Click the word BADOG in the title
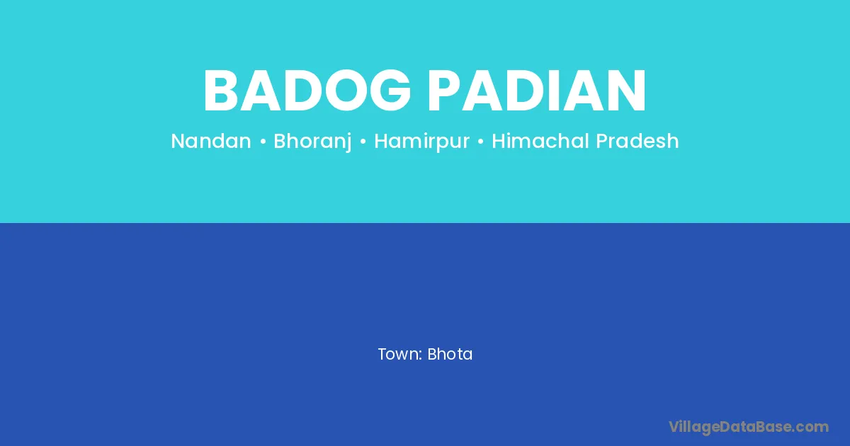pos(307,91)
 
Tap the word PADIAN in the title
pos(537,91)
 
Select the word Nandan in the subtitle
pos(211,141)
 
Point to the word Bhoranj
pos(312,142)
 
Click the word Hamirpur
pos(422,142)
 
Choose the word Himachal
pos(540,141)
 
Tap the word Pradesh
pos(637,141)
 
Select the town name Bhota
pos(450,354)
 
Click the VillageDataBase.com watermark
pos(749,427)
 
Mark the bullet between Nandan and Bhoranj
pos(263,142)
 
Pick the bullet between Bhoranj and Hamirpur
pos(363,142)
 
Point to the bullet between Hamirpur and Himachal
pos(481,142)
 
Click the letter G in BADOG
pos(390,91)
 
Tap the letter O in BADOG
pos(346,91)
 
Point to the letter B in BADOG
pos(221,91)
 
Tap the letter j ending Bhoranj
pos(348,142)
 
